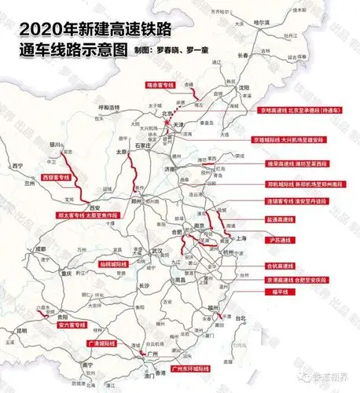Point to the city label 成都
click(39, 249)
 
